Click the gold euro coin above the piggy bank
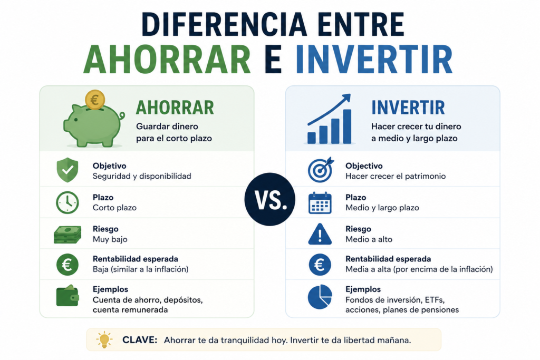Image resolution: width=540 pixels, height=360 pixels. coord(95,100)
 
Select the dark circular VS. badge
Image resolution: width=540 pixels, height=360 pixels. coord(269,199)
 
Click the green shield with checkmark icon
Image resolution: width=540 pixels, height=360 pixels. coord(67,170)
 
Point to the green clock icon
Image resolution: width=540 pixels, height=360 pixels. coord(67,202)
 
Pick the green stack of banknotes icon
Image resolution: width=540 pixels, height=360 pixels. coord(67,235)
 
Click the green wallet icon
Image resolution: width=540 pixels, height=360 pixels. coord(67,296)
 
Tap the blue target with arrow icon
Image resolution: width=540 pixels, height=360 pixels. coord(321,170)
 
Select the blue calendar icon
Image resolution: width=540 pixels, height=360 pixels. coord(320,203)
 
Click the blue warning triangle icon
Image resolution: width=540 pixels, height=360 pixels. coord(320,235)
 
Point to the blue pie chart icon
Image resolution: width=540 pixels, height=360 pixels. coord(320,296)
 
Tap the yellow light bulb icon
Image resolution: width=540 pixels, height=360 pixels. coord(104,340)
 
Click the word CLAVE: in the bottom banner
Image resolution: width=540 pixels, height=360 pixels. coord(140,340)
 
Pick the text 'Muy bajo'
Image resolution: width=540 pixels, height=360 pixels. coord(110,239)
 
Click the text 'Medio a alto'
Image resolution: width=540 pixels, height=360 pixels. coord(369,239)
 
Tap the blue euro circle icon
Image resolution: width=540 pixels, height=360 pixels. coord(320,265)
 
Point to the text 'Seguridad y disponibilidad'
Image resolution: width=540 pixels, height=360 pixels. coord(142,176)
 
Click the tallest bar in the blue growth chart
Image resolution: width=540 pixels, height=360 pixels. coord(347,127)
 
